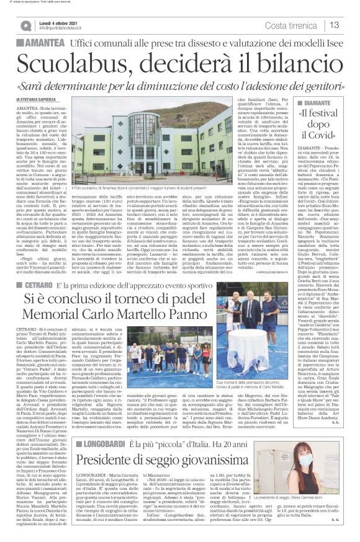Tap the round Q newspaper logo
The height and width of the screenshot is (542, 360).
click(25, 25)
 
